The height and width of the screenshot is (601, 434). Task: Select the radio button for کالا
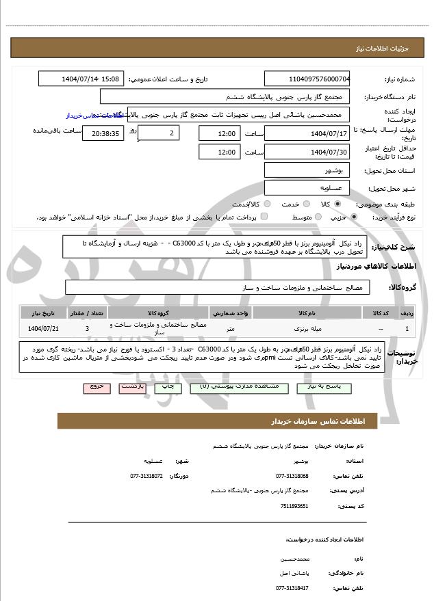[x=337, y=204]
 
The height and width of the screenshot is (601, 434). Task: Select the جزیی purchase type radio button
[x=353, y=217]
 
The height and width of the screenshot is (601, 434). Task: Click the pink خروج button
[x=97, y=388]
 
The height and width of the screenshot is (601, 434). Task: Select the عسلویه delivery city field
[x=307, y=187]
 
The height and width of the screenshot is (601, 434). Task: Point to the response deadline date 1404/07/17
[x=307, y=132]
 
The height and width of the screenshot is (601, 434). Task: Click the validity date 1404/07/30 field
[x=307, y=151]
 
